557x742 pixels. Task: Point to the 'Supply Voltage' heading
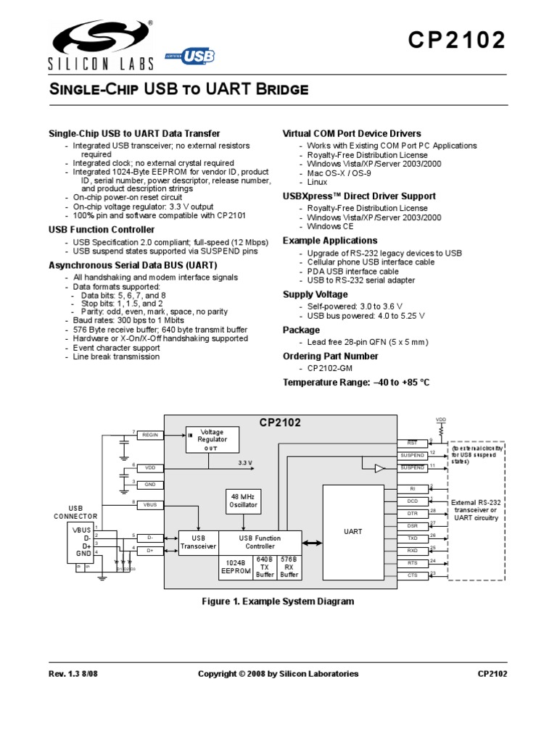[315, 294]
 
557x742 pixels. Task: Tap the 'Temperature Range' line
[356, 382]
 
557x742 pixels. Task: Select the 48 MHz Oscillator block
[243, 500]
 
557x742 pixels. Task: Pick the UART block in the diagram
[352, 532]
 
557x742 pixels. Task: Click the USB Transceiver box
[198, 542]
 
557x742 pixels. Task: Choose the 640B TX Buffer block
[265, 567]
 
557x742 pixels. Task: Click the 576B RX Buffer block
[289, 567]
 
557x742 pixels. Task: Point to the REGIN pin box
[150, 435]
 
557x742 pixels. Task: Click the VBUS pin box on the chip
[150, 504]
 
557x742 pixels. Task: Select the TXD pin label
[412, 538]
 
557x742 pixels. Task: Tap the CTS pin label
[412, 575]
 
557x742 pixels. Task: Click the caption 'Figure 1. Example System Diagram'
[277, 601]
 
